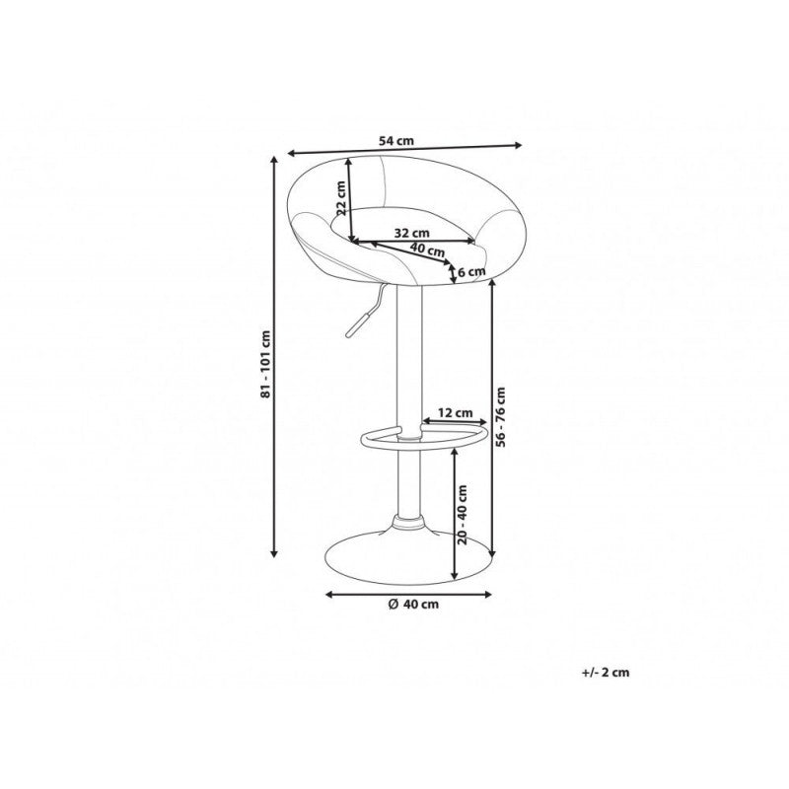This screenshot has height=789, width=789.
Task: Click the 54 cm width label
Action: pyautogui.click(x=396, y=141)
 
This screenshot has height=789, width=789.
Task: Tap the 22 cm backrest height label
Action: pyautogui.click(x=340, y=198)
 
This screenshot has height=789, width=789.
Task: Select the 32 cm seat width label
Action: pyautogui.click(x=411, y=233)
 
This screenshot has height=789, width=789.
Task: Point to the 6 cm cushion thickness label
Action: pyautogui.click(x=471, y=272)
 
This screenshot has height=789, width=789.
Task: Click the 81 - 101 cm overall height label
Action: pyautogui.click(x=265, y=363)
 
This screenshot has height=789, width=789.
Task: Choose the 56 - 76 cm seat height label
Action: pyautogui.click(x=500, y=416)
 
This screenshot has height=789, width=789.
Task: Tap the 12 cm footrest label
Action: pyautogui.click(x=455, y=413)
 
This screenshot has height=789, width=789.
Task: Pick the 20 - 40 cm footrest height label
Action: pyautogui.click(x=463, y=514)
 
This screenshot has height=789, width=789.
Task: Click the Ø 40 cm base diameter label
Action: pyautogui.click(x=413, y=604)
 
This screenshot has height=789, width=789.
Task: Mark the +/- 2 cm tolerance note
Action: pyautogui.click(x=606, y=673)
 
